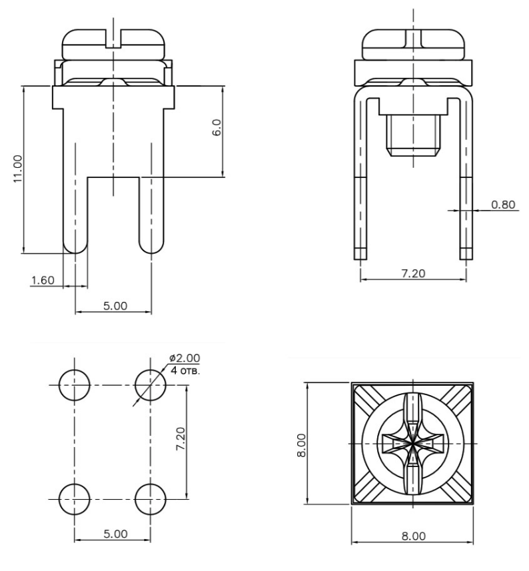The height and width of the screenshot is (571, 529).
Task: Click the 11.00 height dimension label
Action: tap(18, 169)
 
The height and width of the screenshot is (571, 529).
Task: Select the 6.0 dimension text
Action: tap(217, 127)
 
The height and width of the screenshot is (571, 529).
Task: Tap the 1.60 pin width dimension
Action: tap(43, 281)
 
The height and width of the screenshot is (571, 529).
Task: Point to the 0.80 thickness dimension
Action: tap(503, 205)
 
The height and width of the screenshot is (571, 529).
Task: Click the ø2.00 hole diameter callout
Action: tap(185, 358)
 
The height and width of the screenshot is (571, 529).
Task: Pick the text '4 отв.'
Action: tap(185, 370)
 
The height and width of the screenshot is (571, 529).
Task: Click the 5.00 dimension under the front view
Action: tap(115, 306)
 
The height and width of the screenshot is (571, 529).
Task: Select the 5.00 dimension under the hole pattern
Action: tap(115, 534)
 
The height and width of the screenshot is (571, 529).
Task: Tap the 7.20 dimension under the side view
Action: tap(413, 273)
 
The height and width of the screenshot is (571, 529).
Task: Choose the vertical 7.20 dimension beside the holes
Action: tap(181, 439)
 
